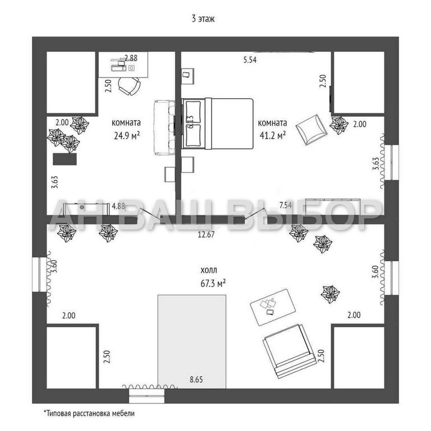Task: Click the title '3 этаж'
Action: [204, 19]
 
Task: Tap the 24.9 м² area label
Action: [126, 135]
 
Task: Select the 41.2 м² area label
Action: [272, 135]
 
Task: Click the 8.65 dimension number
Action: [196, 379]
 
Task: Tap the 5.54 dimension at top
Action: [250, 60]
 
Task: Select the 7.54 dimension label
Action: [285, 205]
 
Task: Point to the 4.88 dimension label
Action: [118, 206]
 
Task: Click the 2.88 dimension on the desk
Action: [131, 58]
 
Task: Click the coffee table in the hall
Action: [272, 306]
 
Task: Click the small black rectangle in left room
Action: [64, 158]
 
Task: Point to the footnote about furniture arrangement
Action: [89, 413]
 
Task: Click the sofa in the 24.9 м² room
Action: [163, 127]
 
